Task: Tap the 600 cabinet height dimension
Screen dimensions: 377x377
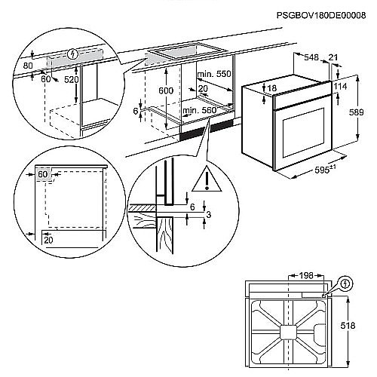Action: [166, 90]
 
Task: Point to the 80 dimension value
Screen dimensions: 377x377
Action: [27, 66]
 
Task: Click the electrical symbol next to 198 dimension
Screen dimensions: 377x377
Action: [345, 284]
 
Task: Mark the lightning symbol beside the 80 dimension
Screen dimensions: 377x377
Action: [72, 54]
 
